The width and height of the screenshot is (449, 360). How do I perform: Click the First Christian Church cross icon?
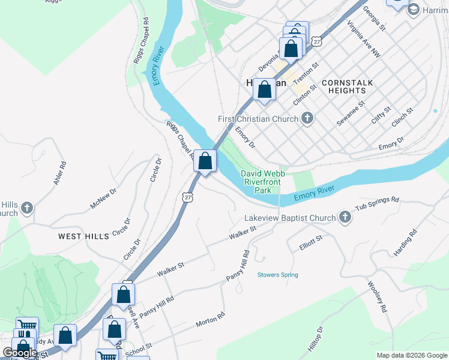(307, 118)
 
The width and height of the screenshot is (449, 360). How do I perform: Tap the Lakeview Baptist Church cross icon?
(345, 218)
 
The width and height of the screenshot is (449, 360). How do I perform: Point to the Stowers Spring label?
(277, 275)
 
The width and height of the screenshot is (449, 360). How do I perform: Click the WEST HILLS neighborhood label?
(83, 236)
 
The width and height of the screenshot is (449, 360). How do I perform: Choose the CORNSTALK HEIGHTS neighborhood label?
(351, 86)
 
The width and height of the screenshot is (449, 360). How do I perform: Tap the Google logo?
(20, 353)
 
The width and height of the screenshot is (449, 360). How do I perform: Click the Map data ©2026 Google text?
(411, 355)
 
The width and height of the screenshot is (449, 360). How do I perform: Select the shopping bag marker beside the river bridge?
(205, 161)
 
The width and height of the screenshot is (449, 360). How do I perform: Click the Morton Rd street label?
(210, 319)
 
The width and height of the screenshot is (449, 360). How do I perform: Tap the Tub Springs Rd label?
(377, 203)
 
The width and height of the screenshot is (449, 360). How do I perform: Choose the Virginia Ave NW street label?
(363, 40)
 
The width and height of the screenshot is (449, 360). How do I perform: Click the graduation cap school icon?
(413, 10)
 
